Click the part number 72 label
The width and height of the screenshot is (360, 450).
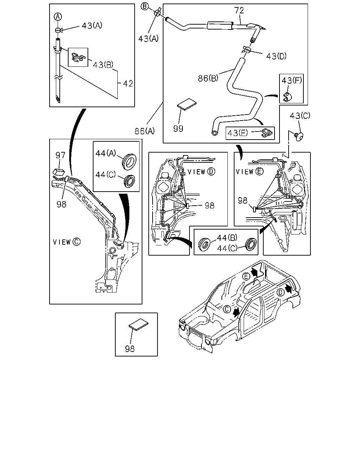click(239, 10)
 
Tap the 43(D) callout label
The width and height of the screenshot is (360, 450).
click(276, 56)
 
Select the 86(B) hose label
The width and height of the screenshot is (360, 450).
click(208, 78)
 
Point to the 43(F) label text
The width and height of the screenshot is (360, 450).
click(291, 80)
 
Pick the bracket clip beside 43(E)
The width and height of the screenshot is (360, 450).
click(267, 133)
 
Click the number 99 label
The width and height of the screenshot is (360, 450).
click(178, 129)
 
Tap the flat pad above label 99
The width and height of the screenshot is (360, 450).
click(187, 104)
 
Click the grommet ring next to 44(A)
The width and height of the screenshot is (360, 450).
click(129, 161)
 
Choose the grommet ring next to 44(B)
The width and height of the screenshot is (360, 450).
click(204, 244)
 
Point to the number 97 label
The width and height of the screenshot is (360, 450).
click(60, 155)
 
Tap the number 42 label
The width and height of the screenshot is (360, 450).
click(128, 84)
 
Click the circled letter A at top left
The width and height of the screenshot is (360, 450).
click(58, 17)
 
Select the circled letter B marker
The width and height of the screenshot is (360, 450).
click(144, 6)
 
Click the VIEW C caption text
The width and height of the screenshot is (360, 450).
click(66, 242)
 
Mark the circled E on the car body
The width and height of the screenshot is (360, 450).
click(246, 276)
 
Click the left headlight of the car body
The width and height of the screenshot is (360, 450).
click(182, 327)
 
